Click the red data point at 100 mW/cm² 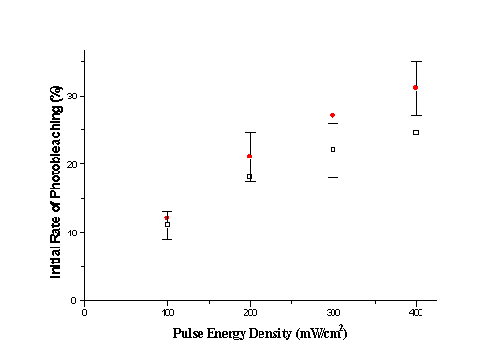point(167,217)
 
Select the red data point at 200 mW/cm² point(249,156)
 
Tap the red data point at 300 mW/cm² point(333,115)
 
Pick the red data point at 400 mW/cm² point(415,87)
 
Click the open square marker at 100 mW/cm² point(167,224)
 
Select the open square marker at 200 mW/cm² point(249,176)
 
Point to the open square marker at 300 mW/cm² point(333,149)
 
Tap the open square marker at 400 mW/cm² point(415,132)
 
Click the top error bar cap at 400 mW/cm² point(415,61)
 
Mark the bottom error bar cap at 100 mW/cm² point(167,239)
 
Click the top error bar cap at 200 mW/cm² point(249,132)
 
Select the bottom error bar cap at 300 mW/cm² point(333,177)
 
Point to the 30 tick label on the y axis point(70,96)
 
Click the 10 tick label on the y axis point(70,232)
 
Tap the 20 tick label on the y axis point(70,164)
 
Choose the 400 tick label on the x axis point(415,312)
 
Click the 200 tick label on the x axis point(249,312)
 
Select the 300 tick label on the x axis point(333,312)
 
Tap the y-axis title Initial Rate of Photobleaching point(55,177)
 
